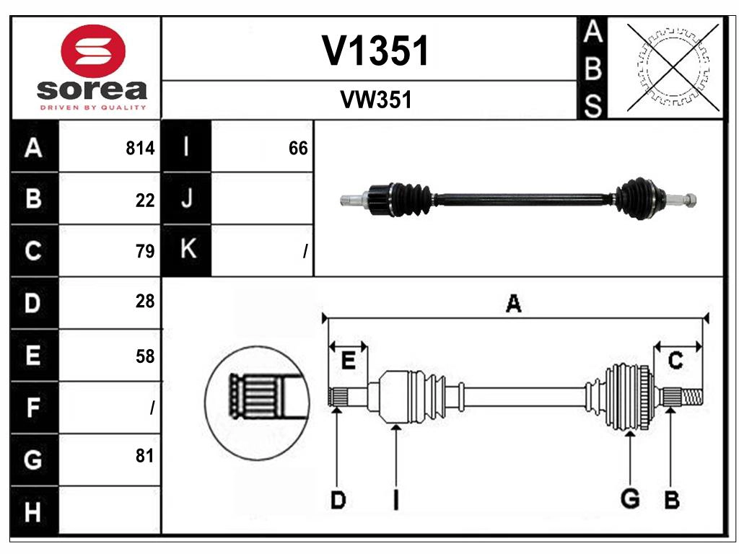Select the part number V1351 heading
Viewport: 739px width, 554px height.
375,51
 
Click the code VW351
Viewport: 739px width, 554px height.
375,100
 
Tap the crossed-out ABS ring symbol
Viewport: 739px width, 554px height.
673,68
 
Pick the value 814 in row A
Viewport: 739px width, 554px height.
140,149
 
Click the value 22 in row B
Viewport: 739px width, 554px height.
145,201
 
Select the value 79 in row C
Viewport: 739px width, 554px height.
145,252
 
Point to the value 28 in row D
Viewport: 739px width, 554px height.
145,302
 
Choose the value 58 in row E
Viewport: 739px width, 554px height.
145,356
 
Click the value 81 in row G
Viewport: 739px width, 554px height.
145,456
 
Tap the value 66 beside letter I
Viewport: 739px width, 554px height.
298,149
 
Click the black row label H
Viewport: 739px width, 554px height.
33,512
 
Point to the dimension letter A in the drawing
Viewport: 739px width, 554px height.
513,304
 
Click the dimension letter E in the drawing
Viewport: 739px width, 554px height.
348,360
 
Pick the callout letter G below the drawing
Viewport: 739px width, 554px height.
630,498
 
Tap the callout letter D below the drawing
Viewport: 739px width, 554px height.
337,499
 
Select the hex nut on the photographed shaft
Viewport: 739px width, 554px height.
691,198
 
